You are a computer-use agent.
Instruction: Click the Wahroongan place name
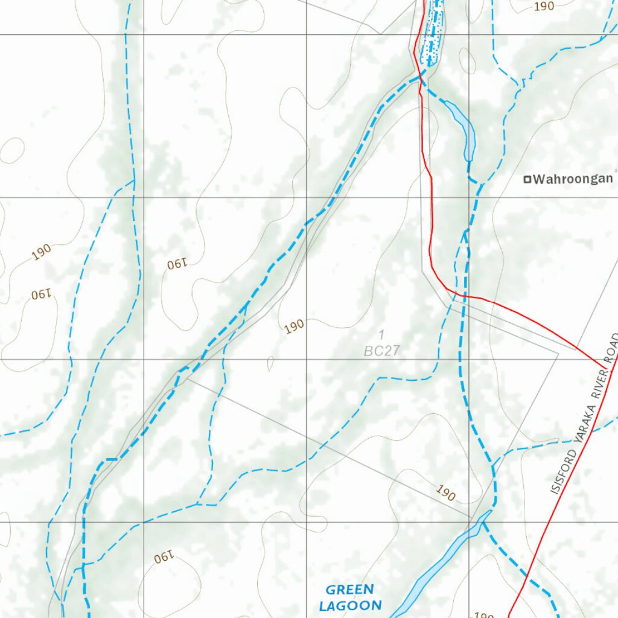573,179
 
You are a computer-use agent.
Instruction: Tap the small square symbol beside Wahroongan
527,179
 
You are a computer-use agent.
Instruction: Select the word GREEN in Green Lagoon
349,590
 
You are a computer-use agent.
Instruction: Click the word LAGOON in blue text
351,605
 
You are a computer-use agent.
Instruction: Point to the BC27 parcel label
381,350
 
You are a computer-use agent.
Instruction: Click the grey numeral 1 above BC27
381,334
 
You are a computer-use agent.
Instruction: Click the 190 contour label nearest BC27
294,327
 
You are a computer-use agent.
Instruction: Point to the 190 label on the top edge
544,6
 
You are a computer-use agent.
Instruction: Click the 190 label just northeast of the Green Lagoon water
445,494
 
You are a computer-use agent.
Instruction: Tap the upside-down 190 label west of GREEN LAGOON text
164,558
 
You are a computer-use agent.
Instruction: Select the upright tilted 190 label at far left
42,252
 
